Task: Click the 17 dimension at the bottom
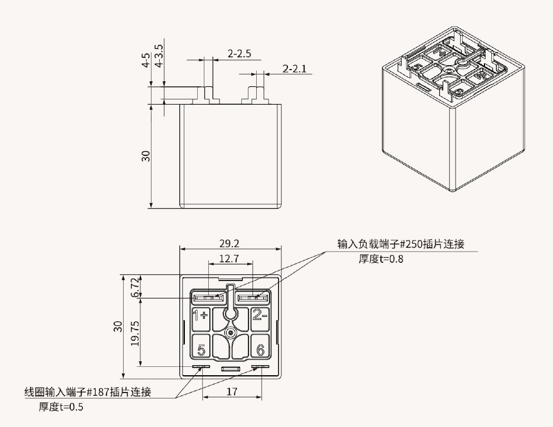pos(232,392)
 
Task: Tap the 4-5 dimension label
pos(146,60)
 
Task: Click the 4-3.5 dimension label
pos(160,56)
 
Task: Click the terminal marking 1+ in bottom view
pos(200,316)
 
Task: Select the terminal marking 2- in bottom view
pos(260,316)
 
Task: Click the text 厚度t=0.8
pos(381,259)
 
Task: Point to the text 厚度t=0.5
pos(61,407)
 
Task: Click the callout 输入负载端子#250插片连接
pos(400,244)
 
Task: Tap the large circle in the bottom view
pos(231,315)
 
